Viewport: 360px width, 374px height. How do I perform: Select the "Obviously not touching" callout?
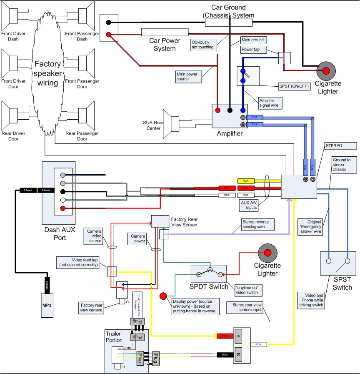(x=203, y=44)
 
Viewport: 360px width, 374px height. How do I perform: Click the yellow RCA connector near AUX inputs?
(x=245, y=181)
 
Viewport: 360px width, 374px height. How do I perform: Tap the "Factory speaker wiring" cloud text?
(x=47, y=74)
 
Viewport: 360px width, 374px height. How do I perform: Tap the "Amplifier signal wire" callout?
(x=270, y=103)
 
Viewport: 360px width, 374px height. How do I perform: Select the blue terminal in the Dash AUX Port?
(x=62, y=175)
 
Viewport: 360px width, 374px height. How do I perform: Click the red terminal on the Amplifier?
(x=217, y=110)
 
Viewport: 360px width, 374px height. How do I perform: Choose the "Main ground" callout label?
(x=252, y=40)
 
